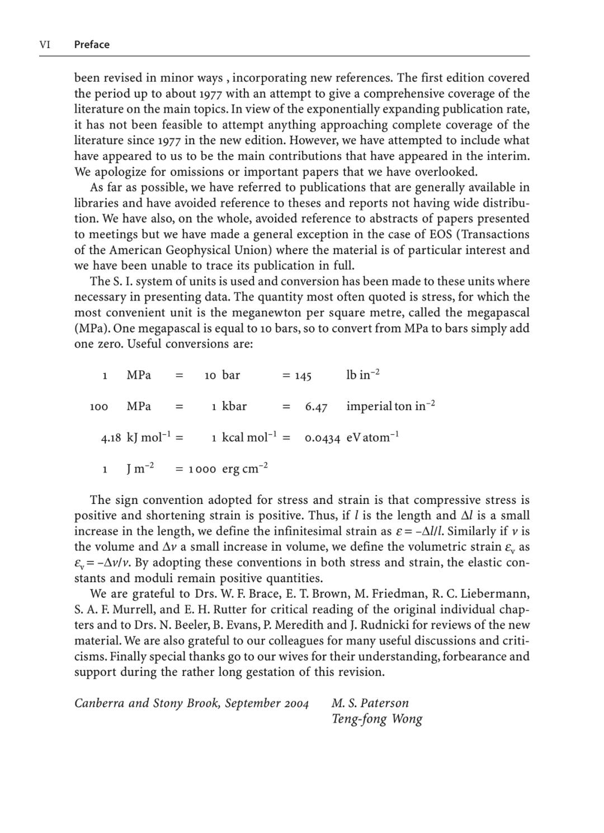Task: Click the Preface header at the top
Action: click(92, 45)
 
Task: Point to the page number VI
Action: click(45, 45)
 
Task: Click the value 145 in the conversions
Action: click(303, 376)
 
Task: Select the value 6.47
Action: click(316, 407)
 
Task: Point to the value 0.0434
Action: click(322, 439)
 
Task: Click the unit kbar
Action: click(234, 406)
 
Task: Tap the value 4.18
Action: click(111, 439)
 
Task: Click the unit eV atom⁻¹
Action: click(372, 437)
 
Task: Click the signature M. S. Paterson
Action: click(370, 703)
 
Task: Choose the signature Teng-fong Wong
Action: click(376, 719)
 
